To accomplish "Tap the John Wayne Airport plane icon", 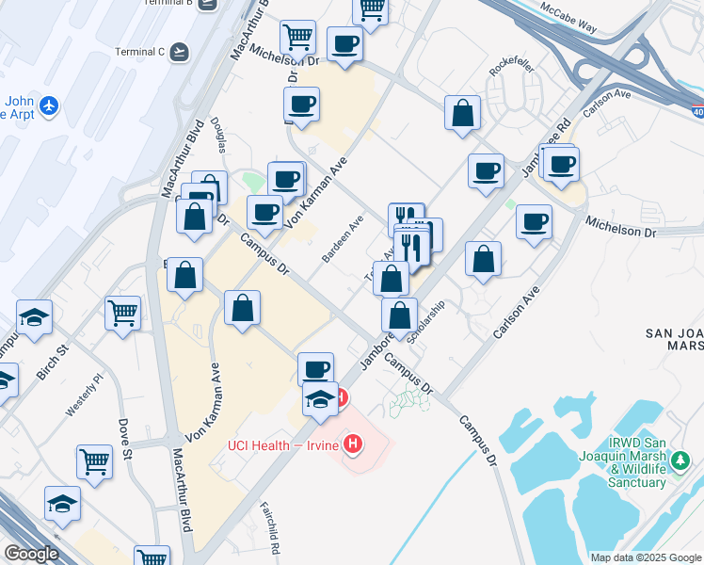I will [x=50, y=106].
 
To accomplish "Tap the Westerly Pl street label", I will [x=82, y=397].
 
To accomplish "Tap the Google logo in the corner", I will [x=30, y=553].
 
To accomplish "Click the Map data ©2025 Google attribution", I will [x=645, y=557].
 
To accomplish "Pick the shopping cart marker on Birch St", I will [x=123, y=314].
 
